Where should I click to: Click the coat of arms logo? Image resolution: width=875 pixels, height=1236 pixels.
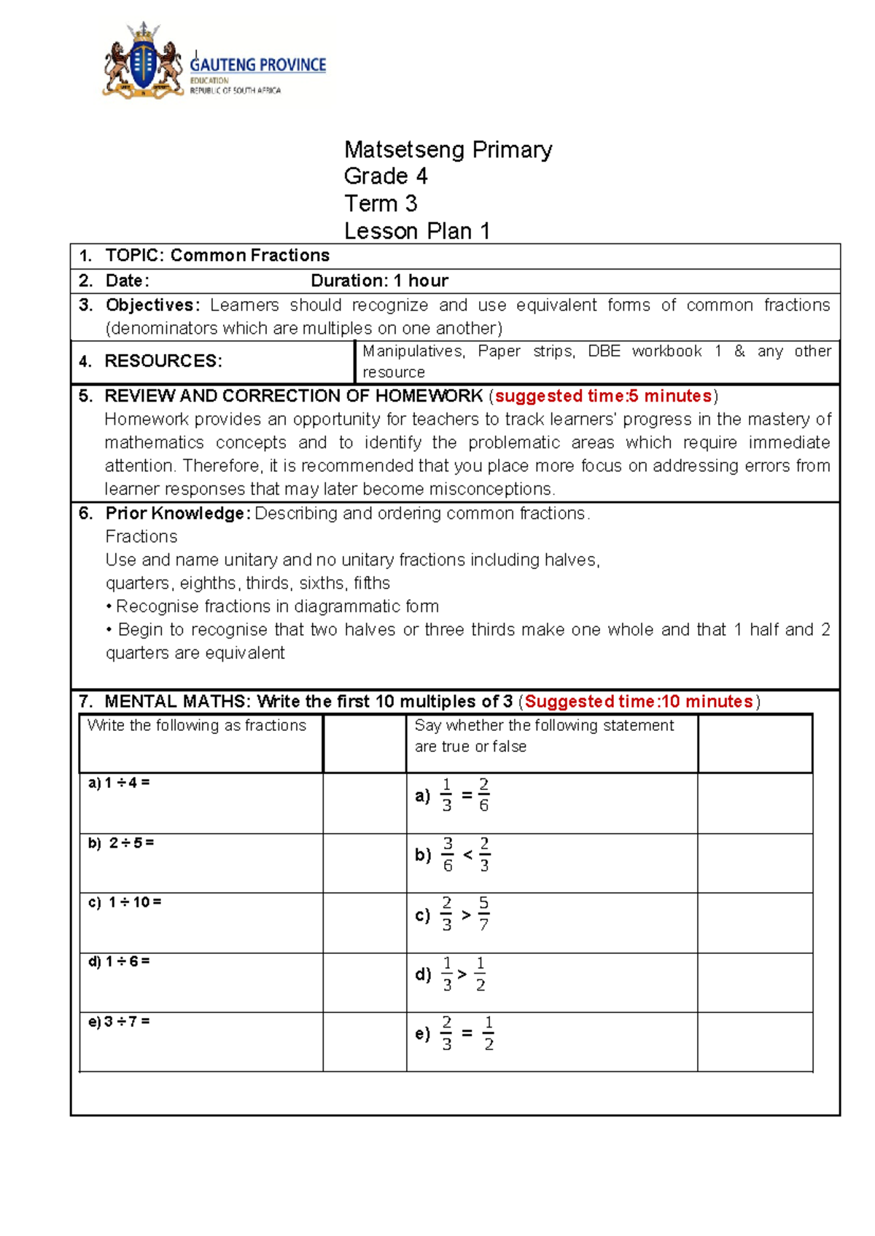[144, 61]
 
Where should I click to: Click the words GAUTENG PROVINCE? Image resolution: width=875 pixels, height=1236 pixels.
[257, 65]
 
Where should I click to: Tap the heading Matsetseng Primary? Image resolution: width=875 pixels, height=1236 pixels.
[448, 149]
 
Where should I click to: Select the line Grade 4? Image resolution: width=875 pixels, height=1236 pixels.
[385, 176]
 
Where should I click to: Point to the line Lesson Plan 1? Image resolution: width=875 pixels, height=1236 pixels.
[416, 231]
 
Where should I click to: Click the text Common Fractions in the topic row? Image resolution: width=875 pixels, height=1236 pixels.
[249, 256]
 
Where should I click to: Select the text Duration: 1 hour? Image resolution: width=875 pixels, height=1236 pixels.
[379, 281]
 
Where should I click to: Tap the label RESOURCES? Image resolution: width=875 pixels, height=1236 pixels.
[163, 361]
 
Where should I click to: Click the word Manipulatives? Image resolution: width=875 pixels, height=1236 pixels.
[413, 351]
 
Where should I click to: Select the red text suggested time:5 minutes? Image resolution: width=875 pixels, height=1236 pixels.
[603, 396]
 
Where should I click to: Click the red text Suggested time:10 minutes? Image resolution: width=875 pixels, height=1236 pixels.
[638, 702]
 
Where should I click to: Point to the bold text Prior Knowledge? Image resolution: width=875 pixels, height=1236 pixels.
[177, 514]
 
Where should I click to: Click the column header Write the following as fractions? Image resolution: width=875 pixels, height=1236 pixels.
[196, 726]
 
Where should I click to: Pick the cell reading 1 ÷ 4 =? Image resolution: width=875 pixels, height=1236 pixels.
[119, 783]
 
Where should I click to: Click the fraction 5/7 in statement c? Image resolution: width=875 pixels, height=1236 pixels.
[483, 914]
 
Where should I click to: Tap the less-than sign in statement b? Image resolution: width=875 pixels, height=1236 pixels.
[467, 854]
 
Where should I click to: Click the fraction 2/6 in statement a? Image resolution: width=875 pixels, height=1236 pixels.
[483, 795]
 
